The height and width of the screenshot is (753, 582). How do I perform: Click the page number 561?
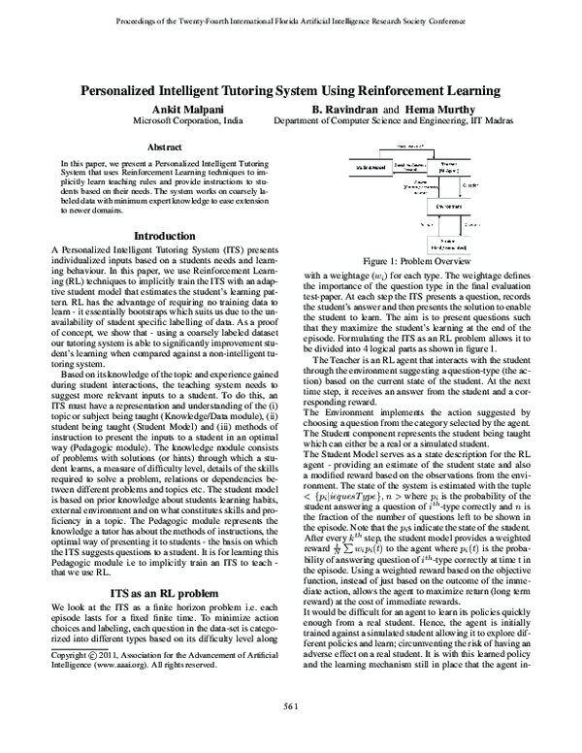pyautogui.click(x=290, y=732)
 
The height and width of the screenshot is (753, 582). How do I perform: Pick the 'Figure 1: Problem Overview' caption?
pyautogui.click(x=422, y=262)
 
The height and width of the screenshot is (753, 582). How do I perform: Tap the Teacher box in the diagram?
pyautogui.click(x=448, y=167)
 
